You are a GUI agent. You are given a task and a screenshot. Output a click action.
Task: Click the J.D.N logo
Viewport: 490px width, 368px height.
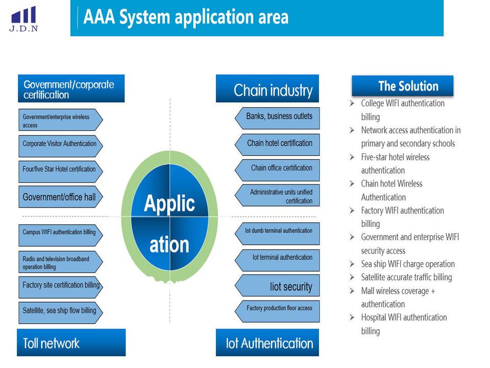[x=23, y=19]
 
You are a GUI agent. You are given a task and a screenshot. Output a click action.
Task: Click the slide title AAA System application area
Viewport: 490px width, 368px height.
[x=186, y=17]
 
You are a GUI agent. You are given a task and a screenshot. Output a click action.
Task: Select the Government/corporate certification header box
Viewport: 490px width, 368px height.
[x=71, y=89]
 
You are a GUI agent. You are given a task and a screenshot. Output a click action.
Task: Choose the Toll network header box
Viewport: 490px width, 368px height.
[x=71, y=342]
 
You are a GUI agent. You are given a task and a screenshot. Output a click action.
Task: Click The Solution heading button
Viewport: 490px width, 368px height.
[x=403, y=86]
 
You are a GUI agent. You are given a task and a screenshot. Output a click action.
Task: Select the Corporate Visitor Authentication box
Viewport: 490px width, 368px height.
[x=60, y=144]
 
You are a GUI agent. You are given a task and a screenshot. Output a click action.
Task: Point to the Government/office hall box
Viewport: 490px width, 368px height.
[x=60, y=197]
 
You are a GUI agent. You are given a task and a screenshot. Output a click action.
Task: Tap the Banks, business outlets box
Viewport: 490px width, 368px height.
[x=278, y=117]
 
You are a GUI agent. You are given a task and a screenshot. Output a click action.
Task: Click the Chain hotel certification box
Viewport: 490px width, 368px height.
[x=278, y=144]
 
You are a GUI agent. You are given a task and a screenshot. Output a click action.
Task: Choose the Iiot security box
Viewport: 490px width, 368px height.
[x=278, y=286]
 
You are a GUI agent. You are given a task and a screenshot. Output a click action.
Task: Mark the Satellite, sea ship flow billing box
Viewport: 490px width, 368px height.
[x=60, y=310]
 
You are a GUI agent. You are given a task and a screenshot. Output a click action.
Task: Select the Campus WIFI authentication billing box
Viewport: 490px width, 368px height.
[x=60, y=233]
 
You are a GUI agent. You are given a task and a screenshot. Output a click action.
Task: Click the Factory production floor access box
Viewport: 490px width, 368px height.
[x=278, y=309]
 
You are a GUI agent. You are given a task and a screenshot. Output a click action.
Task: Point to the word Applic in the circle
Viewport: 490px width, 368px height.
[x=169, y=203]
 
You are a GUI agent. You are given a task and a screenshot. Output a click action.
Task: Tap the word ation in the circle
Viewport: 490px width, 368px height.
[x=169, y=244]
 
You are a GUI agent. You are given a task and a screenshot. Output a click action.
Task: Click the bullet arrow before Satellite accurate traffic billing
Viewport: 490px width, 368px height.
[x=352, y=277]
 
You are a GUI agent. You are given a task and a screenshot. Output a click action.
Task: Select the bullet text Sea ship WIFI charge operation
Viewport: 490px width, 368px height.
[x=408, y=264]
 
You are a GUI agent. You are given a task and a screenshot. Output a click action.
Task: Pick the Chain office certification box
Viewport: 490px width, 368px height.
[x=278, y=168]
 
